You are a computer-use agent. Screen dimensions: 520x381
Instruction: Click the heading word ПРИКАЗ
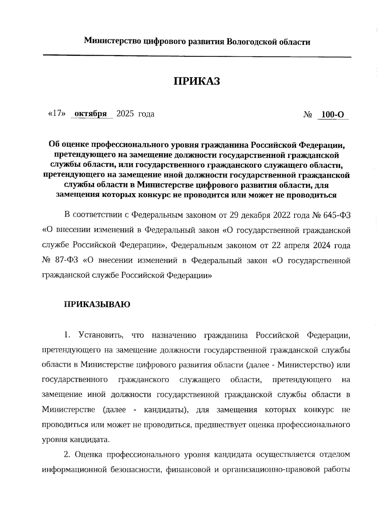pos(197,81)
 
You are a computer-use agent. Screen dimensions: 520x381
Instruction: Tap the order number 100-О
pos(333,115)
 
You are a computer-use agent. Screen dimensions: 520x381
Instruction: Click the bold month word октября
pos(91,114)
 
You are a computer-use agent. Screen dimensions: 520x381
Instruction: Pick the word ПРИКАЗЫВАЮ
pos(97,305)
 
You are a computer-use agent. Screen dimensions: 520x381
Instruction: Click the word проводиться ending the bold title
pos(311,195)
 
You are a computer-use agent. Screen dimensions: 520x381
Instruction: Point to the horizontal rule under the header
pos(197,56)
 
